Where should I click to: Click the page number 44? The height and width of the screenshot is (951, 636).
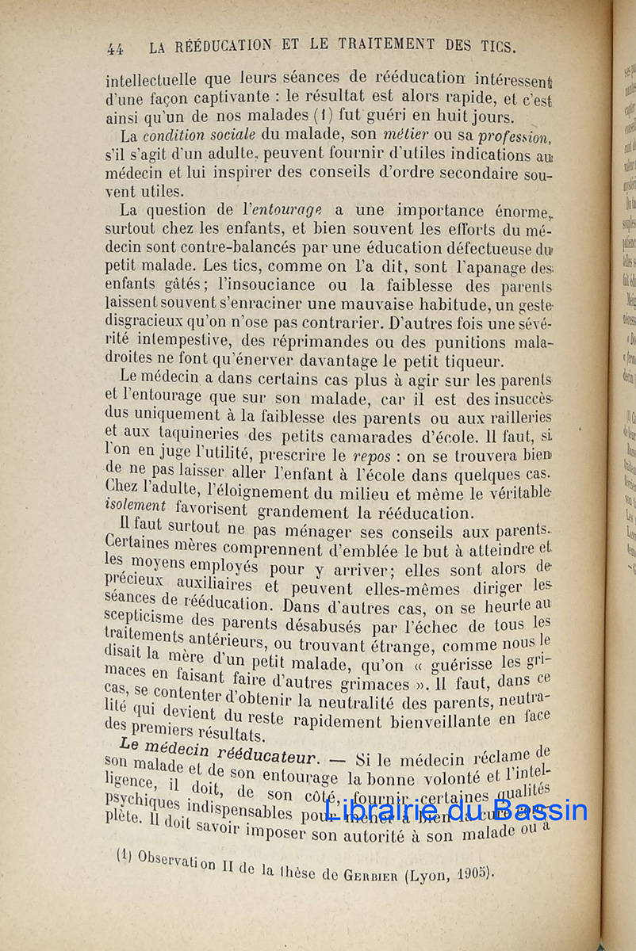(115, 48)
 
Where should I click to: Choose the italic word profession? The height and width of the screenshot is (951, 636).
(515, 137)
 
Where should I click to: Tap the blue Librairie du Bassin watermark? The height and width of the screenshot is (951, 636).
(457, 810)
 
